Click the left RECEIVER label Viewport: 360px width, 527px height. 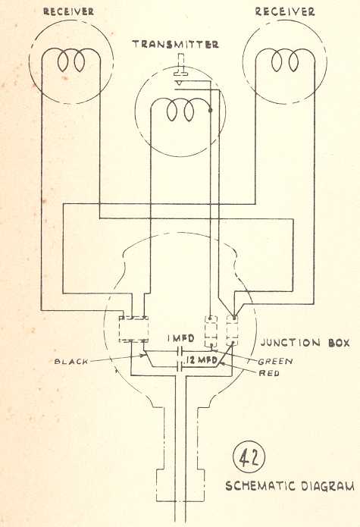pyautogui.click(x=68, y=12)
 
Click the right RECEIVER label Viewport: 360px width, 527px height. pyautogui.click(x=285, y=12)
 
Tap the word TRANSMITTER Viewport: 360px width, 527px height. pyautogui.click(x=175, y=45)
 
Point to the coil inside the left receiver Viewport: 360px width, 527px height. pyautogui.click(x=71, y=60)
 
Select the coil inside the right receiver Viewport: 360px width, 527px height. pyautogui.click(x=285, y=60)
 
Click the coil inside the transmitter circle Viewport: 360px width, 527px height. pyautogui.click(x=180, y=110)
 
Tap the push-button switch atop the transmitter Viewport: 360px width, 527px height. pyautogui.click(x=180, y=69)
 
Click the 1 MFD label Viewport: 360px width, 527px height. pyautogui.click(x=180, y=338)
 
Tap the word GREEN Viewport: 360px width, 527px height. pyautogui.click(x=275, y=361)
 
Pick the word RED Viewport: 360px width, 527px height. pyautogui.click(x=269, y=373)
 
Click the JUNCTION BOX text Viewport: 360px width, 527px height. pyautogui.click(x=305, y=343)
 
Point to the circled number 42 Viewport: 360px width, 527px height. pyautogui.click(x=249, y=457)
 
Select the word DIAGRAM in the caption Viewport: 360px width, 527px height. pyautogui.click(x=327, y=486)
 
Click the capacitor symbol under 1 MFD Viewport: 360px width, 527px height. pyautogui.click(x=180, y=352)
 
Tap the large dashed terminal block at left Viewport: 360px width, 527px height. pyautogui.click(x=133, y=329)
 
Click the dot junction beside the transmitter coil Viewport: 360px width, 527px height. pyautogui.click(x=211, y=110)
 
